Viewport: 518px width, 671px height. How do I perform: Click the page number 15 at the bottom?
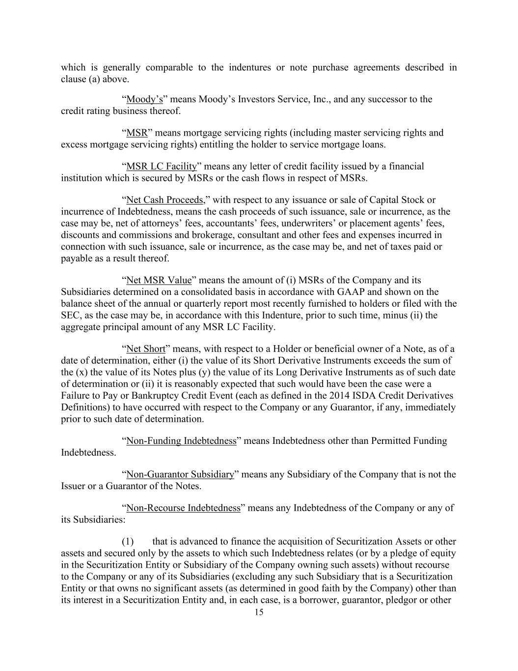(259, 612)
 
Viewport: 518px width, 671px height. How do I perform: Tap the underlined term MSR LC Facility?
(162, 167)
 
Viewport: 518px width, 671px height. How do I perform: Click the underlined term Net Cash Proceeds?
(166, 200)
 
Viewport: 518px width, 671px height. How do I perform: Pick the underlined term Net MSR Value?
(159, 281)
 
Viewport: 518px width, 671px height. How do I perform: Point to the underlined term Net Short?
(146, 349)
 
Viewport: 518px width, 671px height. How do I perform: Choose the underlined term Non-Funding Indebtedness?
(181, 441)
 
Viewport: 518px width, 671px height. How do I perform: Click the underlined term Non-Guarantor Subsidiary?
(180, 475)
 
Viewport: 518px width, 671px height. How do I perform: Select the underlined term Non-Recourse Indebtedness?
(183, 508)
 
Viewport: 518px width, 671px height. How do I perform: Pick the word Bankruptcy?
(134, 396)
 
